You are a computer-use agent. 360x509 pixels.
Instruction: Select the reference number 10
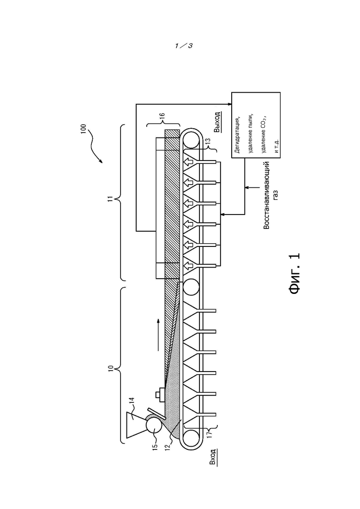111,368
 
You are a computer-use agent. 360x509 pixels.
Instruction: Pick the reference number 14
132,401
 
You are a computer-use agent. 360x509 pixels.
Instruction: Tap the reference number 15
155,446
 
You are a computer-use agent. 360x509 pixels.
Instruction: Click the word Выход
217,122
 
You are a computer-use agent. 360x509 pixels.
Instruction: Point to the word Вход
213,457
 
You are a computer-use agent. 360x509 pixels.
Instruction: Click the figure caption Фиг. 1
295,274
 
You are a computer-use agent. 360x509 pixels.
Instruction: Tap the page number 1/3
184,46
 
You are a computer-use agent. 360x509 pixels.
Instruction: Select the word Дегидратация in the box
237,135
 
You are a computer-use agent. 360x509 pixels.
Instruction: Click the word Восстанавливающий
266,195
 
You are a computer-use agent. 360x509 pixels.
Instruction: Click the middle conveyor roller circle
191,287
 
